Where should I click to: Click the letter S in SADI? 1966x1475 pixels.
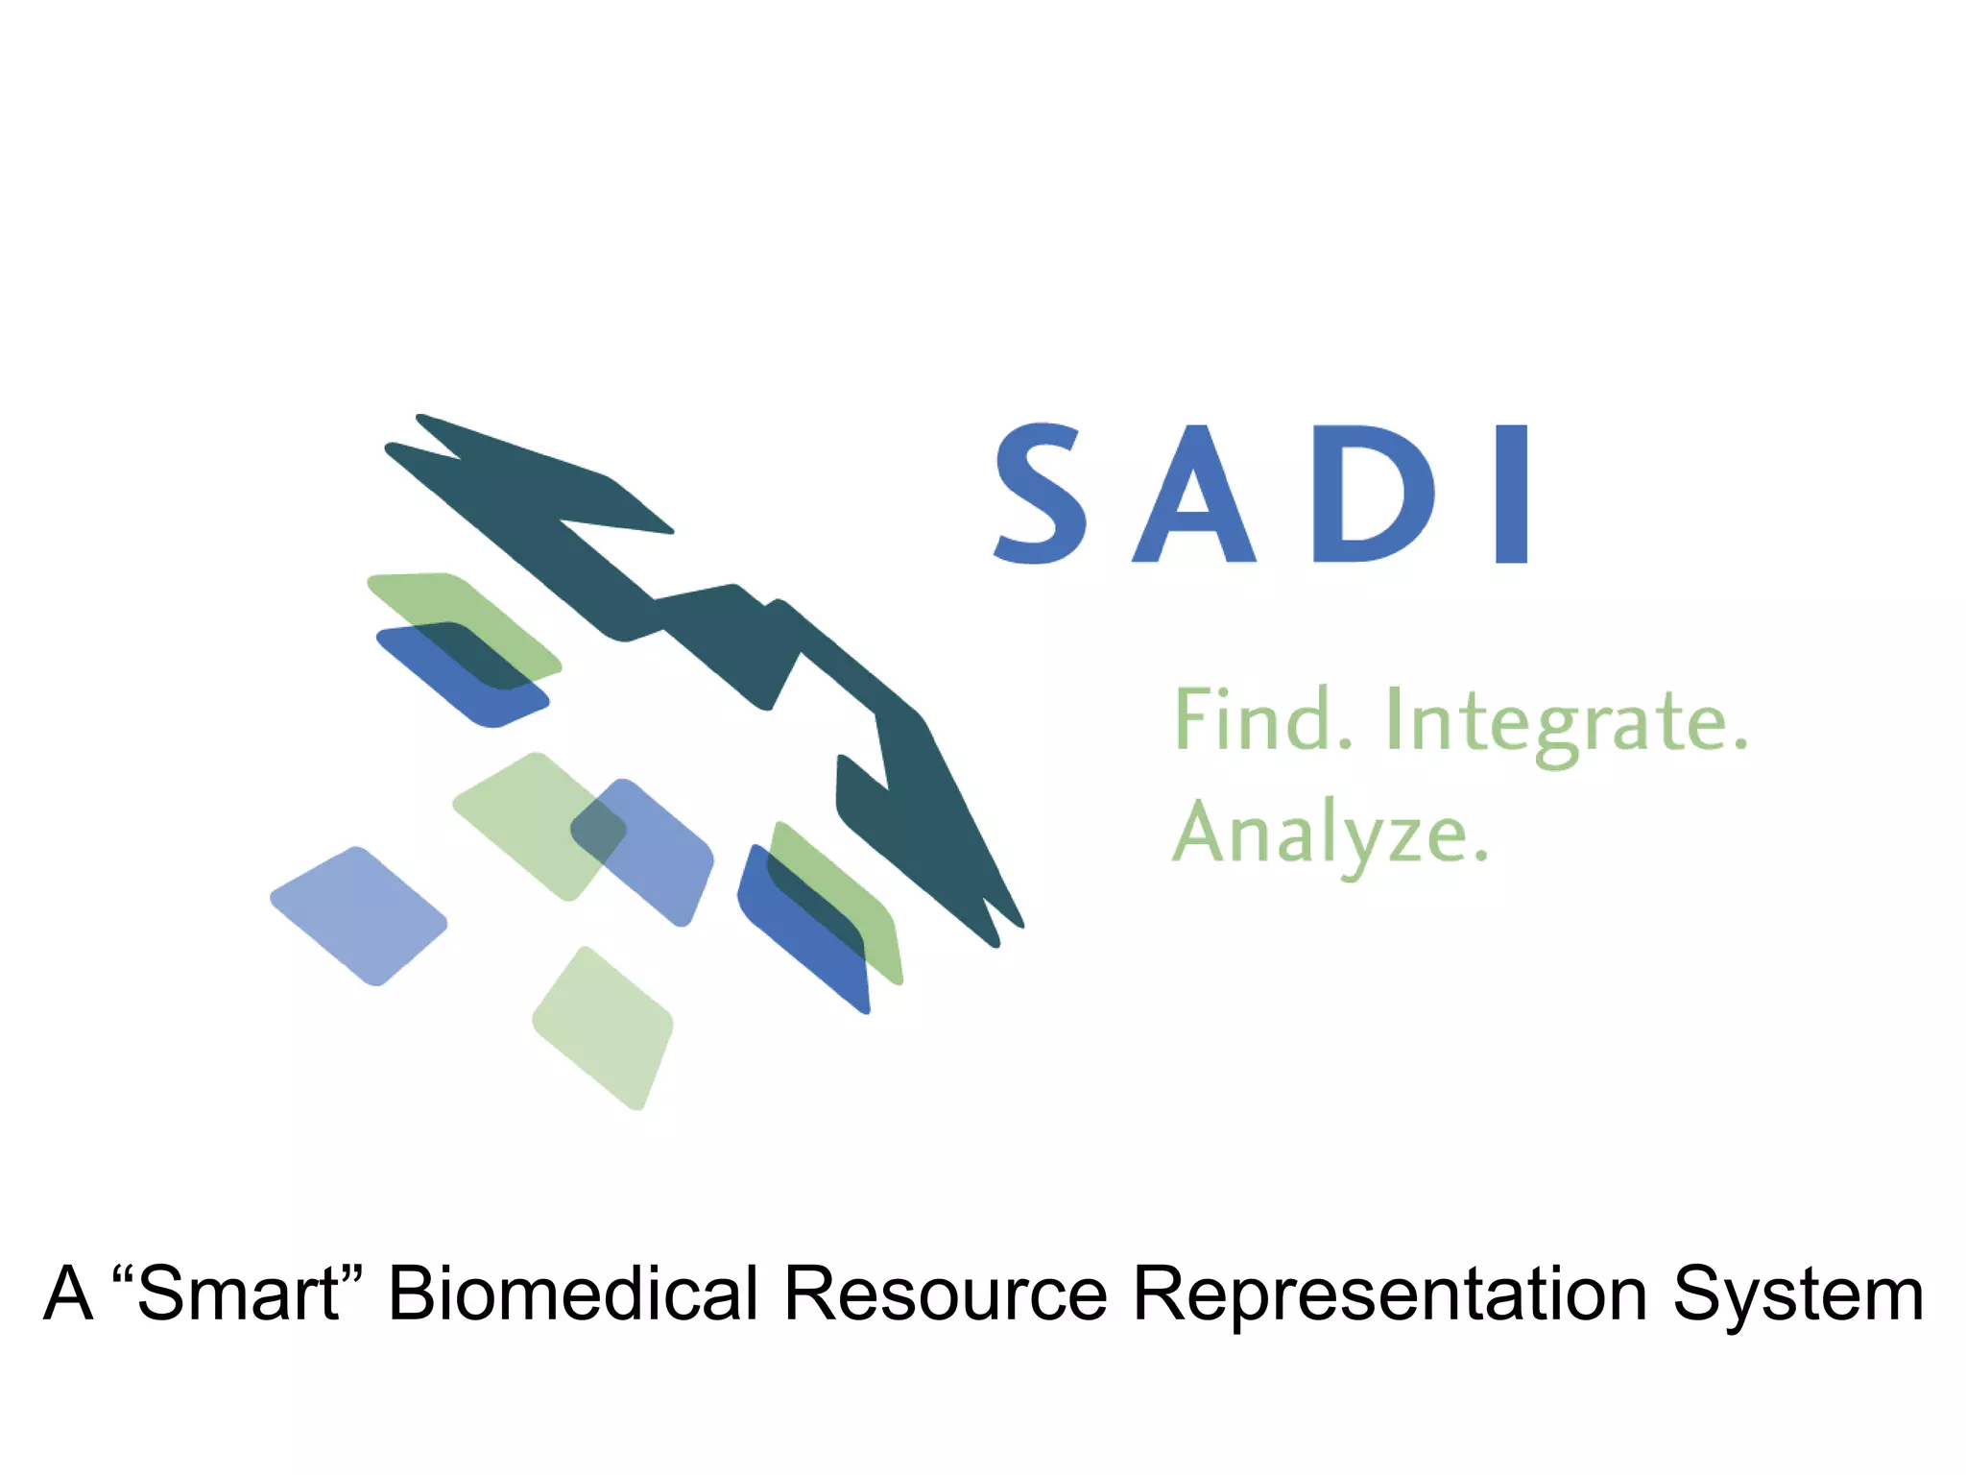1041,494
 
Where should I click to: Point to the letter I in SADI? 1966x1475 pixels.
1512,494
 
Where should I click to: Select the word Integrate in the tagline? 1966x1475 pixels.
1555,722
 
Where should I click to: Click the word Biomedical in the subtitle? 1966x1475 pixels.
573,1294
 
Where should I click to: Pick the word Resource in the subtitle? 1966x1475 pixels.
946,1294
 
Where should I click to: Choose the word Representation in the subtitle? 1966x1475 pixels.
1390,1294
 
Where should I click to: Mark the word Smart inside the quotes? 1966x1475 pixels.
238,1294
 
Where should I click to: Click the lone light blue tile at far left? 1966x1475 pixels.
359,916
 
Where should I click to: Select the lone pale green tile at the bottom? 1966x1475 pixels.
604,1028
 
